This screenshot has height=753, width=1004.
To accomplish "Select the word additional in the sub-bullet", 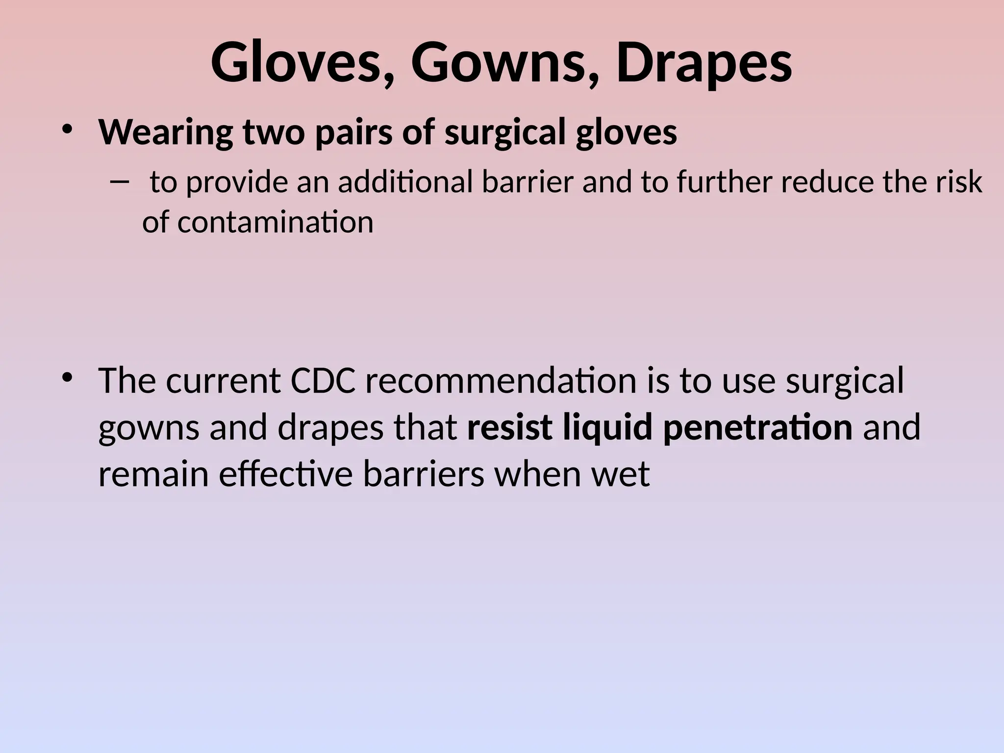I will pyautogui.click(x=405, y=182).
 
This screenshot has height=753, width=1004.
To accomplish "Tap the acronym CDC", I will pyautogui.click(x=323, y=381).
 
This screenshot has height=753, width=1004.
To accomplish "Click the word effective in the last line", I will pyautogui.click(x=286, y=475).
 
